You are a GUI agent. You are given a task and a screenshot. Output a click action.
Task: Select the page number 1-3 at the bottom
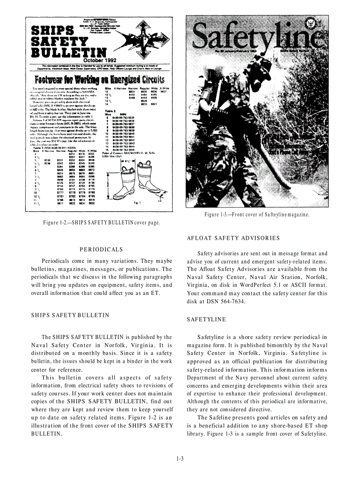click(180, 459)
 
